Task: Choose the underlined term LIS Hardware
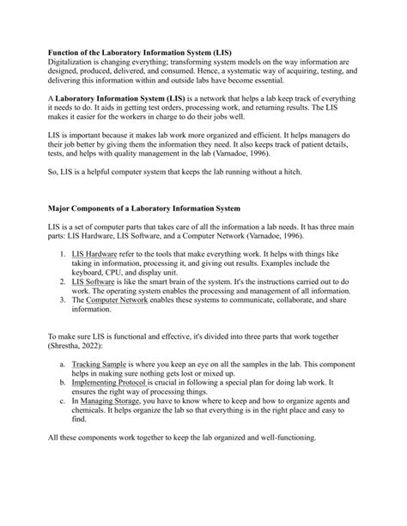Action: point(94,279)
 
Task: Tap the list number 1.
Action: point(62,279)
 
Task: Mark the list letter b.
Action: point(63,433)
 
